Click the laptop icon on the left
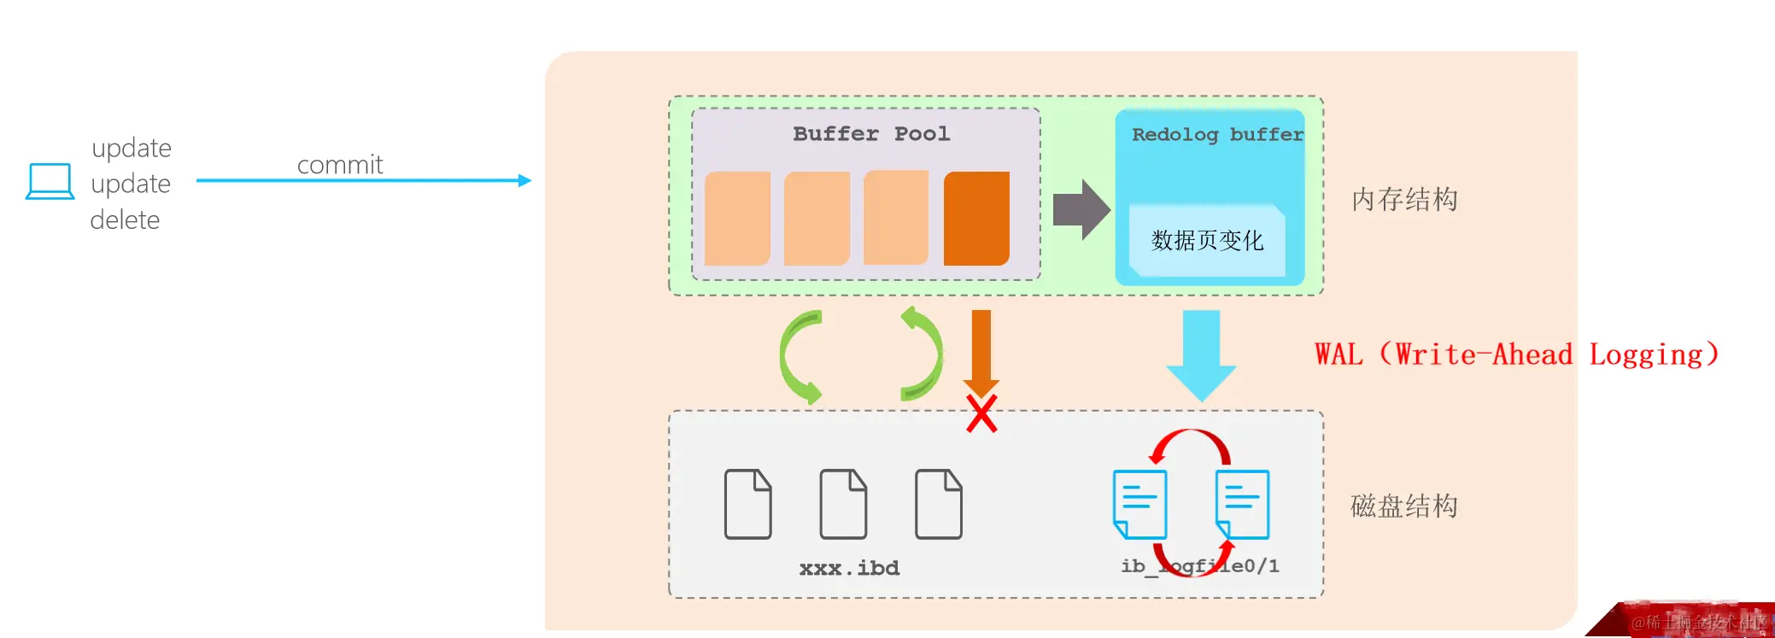pyautogui.click(x=50, y=181)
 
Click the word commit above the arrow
pyautogui.click(x=339, y=164)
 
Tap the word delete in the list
pyautogui.click(x=125, y=220)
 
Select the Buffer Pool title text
pyautogui.click(x=870, y=134)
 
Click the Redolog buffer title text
pyautogui.click(x=1216, y=135)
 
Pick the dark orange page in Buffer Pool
pyautogui.click(x=976, y=219)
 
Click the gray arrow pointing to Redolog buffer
pyautogui.click(x=1081, y=209)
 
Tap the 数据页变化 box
pyautogui.click(x=1206, y=241)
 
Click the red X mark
pyautogui.click(x=981, y=414)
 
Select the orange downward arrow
pyautogui.click(x=981, y=350)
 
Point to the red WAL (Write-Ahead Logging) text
pyautogui.click(x=1515, y=354)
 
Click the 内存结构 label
pyautogui.click(x=1403, y=200)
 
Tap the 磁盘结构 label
pyautogui.click(x=1403, y=506)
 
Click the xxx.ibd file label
pyautogui.click(x=849, y=568)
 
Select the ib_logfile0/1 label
pyautogui.click(x=1199, y=566)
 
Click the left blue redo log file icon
pyautogui.click(x=1139, y=504)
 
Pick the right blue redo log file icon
pyautogui.click(x=1242, y=504)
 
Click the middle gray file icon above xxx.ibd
pyautogui.click(x=843, y=504)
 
